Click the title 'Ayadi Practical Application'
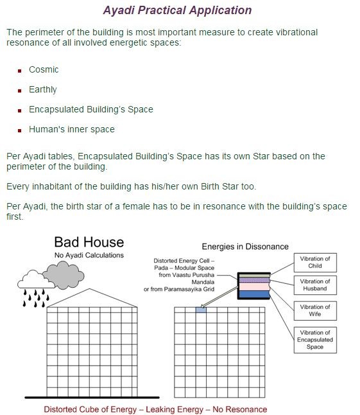177,10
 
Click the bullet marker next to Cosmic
21,70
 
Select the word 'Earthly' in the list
43,89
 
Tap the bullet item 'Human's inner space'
72,129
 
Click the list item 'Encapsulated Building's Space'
91,109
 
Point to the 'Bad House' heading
89,242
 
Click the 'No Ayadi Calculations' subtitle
89,255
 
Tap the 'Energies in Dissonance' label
245,246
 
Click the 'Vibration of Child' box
314,262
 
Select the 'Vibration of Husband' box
314,285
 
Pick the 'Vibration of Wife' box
314,310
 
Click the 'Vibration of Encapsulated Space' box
314,340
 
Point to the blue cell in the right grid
200,310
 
